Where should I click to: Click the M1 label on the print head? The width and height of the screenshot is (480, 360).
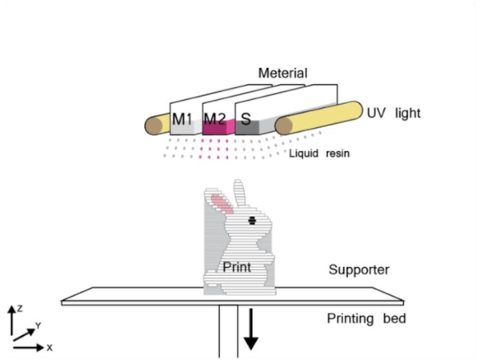point(182,118)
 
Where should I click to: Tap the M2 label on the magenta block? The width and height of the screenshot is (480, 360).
point(214,118)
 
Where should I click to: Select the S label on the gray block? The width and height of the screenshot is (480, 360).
point(246,118)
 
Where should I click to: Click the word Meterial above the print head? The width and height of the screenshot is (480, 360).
point(283,73)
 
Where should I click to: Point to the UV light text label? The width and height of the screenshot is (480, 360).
point(394,114)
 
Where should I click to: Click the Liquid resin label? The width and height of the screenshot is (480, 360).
point(319,153)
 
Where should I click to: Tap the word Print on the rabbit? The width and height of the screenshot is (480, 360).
point(237,267)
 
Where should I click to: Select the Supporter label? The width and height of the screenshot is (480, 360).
point(358,270)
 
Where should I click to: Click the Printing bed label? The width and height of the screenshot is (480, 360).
point(366,318)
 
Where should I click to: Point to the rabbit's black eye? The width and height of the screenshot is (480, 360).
point(252,221)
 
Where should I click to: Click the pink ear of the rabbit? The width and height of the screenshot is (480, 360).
point(222,204)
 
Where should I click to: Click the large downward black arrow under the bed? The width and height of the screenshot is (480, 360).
point(251,329)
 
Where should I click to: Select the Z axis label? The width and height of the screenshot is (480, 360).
point(20,309)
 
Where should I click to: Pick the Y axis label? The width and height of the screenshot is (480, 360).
point(38,326)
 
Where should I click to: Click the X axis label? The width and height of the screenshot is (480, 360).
point(50,348)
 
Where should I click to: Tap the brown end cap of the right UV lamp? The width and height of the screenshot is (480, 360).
point(284,126)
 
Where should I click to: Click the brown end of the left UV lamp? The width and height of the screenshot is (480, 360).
point(154,126)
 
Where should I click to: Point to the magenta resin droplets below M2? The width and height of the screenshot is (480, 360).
point(214,149)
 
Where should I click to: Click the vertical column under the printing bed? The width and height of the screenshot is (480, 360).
point(228,331)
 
